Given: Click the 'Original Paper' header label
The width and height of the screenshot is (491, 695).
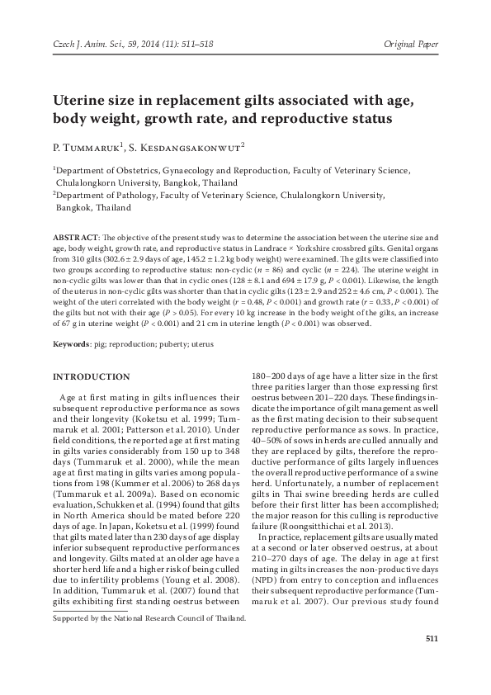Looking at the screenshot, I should click(x=413, y=41).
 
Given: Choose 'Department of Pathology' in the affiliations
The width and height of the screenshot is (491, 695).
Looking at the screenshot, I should click(x=100, y=196).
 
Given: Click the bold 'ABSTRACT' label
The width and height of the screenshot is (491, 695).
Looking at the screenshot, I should click(x=73, y=236).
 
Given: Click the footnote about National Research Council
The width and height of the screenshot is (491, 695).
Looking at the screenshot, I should click(x=149, y=641).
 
